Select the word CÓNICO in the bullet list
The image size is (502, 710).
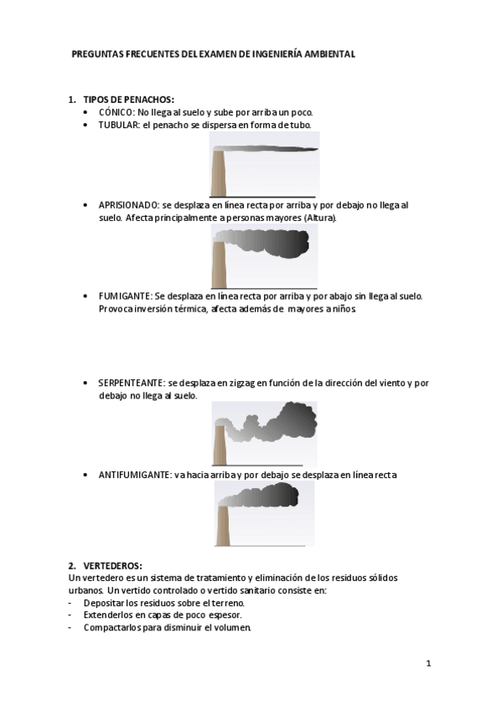116,112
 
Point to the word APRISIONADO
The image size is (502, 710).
128,205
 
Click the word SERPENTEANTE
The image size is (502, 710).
131,383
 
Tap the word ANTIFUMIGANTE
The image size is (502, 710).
133,475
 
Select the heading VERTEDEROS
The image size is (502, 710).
112,566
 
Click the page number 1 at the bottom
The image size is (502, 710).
427,664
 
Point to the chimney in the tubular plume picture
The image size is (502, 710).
218,172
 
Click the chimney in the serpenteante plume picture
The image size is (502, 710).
219,444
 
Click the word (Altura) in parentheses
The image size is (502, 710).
321,218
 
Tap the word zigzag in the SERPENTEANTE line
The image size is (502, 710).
241,383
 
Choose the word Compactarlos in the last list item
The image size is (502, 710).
111,627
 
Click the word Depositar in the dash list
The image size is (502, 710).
104,603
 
